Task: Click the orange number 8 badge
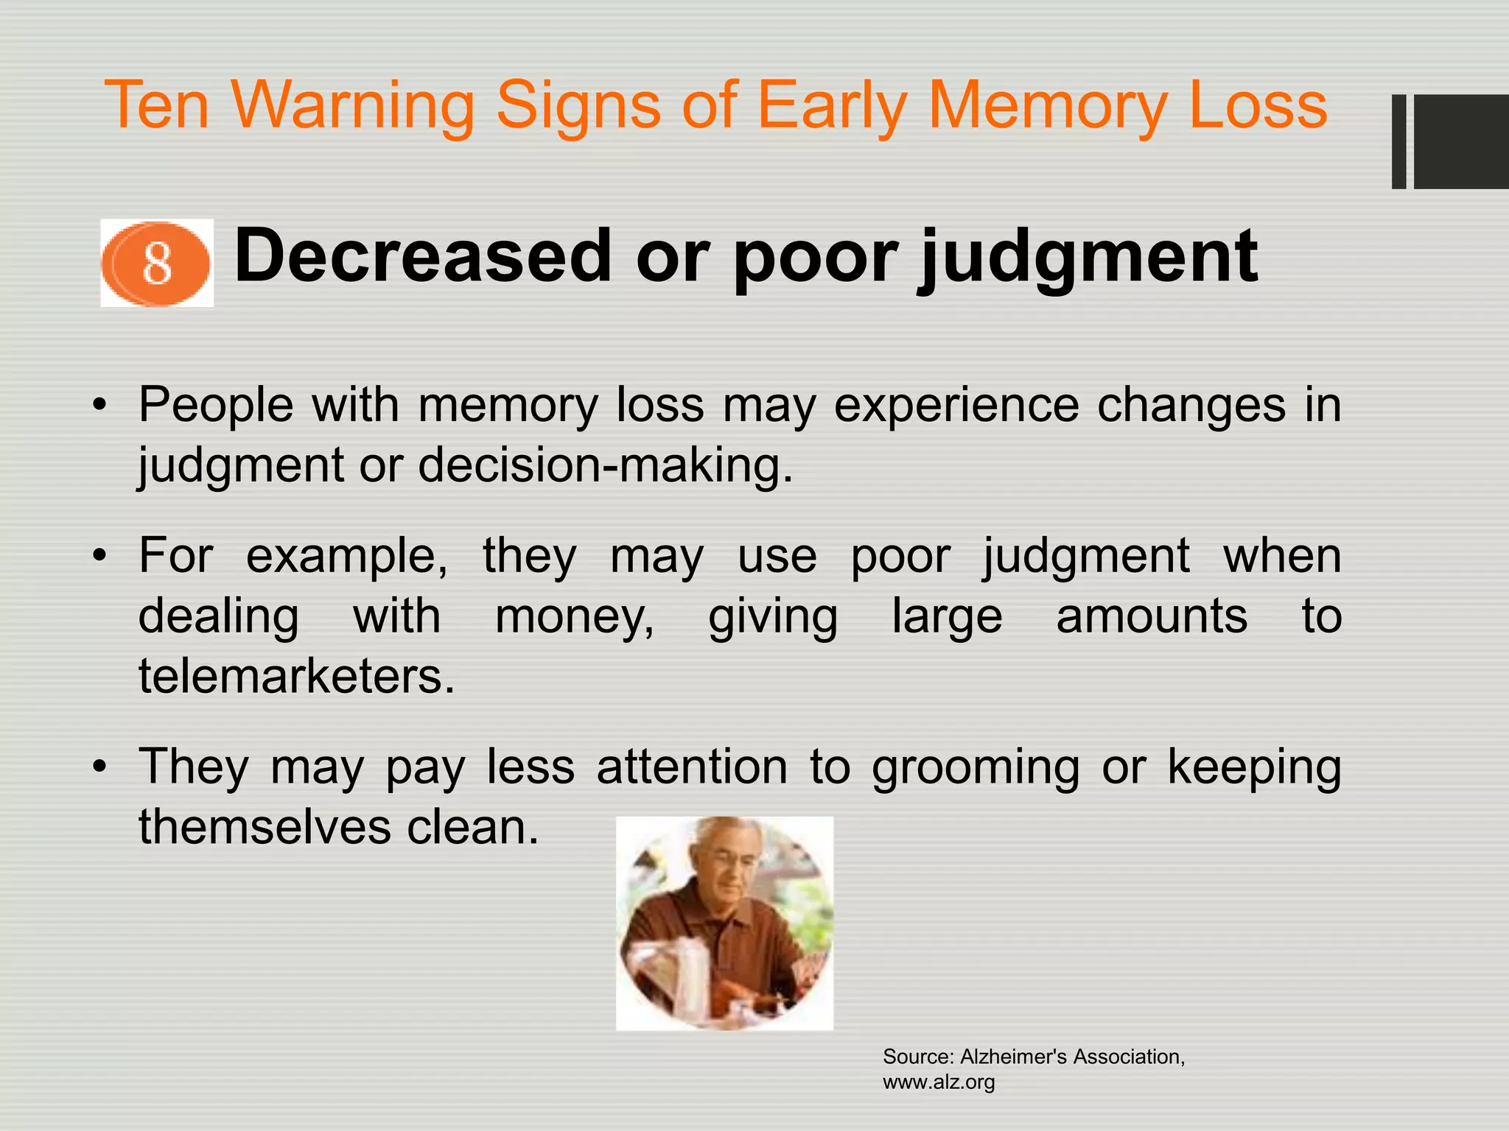coord(156,263)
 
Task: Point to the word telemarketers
coord(296,676)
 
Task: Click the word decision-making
coord(606,465)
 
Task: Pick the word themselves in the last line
coord(265,827)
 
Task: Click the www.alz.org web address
coord(939,1082)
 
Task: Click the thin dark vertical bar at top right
coord(1398,141)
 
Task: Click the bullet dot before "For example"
coord(100,557)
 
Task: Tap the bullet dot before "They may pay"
coord(100,768)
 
